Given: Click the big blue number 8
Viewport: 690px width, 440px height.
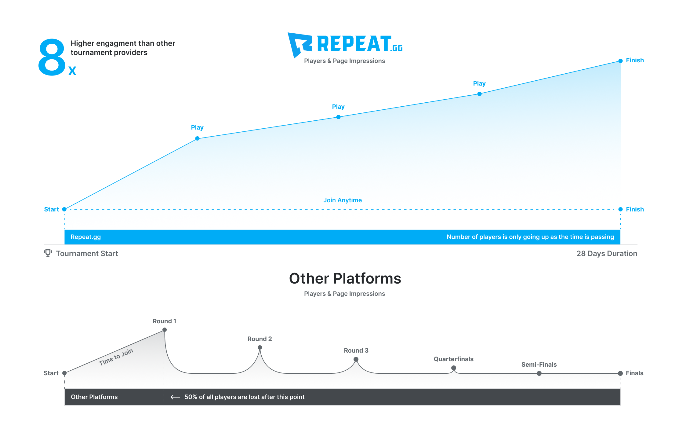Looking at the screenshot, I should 52,57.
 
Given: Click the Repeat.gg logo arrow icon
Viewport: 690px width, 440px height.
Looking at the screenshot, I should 299,44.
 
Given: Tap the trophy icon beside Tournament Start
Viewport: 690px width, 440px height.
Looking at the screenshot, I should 48,253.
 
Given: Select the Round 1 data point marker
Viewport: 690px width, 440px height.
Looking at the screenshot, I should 165,330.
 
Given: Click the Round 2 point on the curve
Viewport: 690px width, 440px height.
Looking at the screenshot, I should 260,347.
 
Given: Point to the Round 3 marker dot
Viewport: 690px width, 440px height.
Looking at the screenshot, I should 356,359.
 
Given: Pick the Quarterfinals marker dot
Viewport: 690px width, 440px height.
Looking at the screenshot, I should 454,368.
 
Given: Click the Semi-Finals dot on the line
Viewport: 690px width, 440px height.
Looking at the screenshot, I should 539,373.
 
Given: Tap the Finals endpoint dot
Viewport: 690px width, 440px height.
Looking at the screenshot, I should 620,373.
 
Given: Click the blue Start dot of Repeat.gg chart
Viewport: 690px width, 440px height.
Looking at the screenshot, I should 64,209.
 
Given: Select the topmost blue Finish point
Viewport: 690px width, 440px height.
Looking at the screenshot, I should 620,61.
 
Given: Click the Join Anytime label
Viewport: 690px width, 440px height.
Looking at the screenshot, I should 343,200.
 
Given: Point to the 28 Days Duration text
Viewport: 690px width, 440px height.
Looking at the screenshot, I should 607,254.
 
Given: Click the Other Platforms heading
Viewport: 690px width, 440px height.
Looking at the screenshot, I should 345,278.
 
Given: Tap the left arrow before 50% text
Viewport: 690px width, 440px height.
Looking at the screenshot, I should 175,397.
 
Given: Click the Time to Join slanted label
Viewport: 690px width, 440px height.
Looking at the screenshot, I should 116,357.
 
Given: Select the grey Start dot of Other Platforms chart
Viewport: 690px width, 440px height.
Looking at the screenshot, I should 64,373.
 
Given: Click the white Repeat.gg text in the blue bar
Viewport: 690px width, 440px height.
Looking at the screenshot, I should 85,237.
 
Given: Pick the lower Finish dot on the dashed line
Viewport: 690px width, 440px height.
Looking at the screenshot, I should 620,209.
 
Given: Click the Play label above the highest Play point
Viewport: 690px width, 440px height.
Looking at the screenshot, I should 479,83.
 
